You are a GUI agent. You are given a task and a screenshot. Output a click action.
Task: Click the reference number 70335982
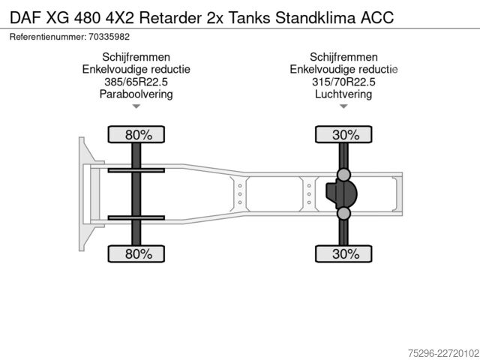click(109, 37)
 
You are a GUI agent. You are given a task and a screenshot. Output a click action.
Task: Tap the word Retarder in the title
click(170, 18)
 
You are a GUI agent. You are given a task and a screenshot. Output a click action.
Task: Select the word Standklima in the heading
click(315, 18)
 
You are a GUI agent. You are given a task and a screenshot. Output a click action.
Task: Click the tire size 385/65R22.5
click(136, 82)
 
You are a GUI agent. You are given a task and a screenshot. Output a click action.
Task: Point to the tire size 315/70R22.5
click(343, 82)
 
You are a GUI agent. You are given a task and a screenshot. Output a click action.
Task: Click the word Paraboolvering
click(136, 94)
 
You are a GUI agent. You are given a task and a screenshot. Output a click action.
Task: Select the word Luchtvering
click(343, 94)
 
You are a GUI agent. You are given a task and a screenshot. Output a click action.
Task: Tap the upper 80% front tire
click(136, 135)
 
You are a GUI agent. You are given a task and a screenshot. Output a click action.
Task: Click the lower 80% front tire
click(136, 253)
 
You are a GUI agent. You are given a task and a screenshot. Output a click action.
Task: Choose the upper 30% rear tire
click(343, 135)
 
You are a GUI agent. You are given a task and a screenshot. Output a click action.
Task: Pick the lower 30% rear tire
click(343, 253)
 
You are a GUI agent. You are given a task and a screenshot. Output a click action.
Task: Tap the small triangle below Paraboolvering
click(136, 106)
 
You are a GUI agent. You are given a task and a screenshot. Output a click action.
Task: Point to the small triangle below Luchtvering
click(343, 106)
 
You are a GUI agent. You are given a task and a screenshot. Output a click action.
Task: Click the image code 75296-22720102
click(443, 353)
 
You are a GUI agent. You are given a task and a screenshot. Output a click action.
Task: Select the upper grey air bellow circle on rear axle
click(343, 175)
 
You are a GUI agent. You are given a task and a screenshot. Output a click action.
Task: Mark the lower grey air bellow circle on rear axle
click(343, 213)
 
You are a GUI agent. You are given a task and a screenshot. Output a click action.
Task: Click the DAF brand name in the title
click(25, 18)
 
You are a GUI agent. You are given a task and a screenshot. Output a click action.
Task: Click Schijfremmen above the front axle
click(136, 57)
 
